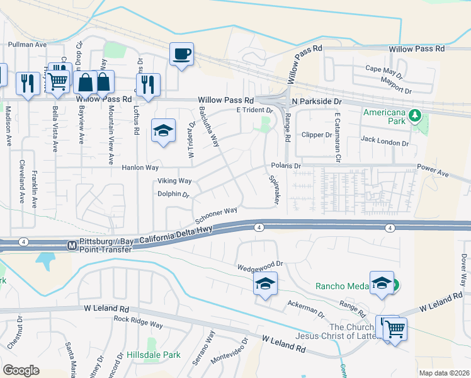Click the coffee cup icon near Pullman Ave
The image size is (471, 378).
point(181,54)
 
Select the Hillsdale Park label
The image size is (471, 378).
point(154,355)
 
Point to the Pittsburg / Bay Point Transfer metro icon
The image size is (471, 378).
point(72,244)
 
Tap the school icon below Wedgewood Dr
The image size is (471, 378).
point(265,283)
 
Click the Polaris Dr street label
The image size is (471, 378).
point(287,166)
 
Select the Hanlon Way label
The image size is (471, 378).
point(140,168)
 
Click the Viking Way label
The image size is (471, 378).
point(174,181)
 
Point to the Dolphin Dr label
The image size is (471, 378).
point(173,195)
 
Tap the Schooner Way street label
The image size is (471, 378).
point(216,215)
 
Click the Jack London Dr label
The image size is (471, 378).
point(384,143)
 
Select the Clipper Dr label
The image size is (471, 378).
point(317,135)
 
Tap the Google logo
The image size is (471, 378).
point(21,370)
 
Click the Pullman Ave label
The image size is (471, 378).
point(28,45)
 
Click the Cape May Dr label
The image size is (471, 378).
point(383,69)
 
